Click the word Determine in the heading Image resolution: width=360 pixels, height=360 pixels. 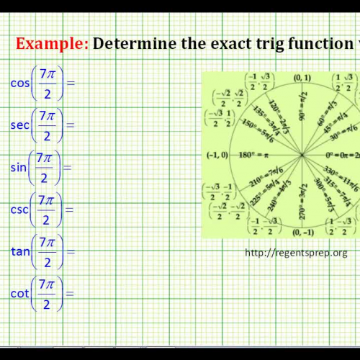(133, 44)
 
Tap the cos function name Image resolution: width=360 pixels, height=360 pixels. (19, 82)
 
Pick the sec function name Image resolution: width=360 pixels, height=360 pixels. (19, 125)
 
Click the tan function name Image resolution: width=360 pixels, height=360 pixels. (19, 252)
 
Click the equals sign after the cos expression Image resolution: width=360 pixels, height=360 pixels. (71, 82)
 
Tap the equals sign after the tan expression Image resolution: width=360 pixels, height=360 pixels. (71, 252)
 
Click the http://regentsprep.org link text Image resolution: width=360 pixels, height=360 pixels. (297, 252)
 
